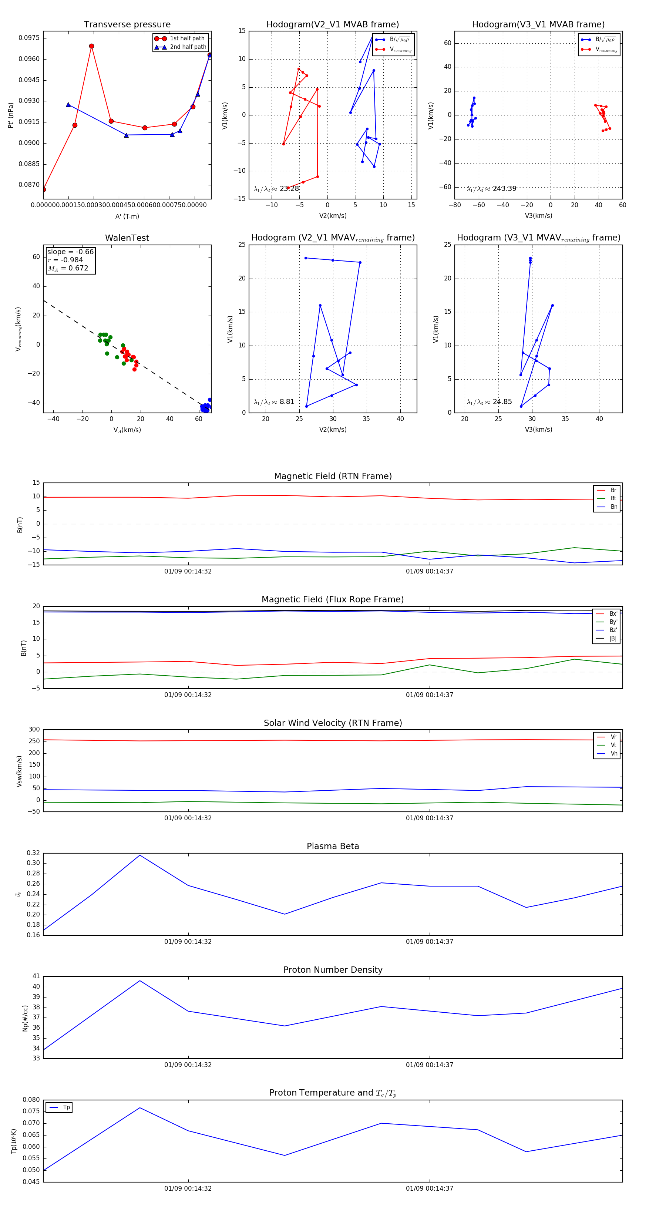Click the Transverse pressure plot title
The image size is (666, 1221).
click(x=127, y=25)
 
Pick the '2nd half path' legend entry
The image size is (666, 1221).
click(x=188, y=47)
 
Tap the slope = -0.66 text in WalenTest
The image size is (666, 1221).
click(x=70, y=252)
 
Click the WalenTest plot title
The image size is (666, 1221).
click(x=127, y=238)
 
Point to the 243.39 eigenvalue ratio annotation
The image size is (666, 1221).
click(x=504, y=189)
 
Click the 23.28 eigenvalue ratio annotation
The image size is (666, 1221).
click(x=289, y=189)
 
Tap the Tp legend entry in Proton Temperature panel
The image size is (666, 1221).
click(x=66, y=1107)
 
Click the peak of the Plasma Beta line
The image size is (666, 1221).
click(x=140, y=855)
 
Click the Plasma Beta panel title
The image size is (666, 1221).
click(x=333, y=846)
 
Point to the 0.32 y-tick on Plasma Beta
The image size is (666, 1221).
click(x=33, y=853)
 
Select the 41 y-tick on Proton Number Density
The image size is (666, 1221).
click(x=36, y=976)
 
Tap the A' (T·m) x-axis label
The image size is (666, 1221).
click(x=127, y=216)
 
